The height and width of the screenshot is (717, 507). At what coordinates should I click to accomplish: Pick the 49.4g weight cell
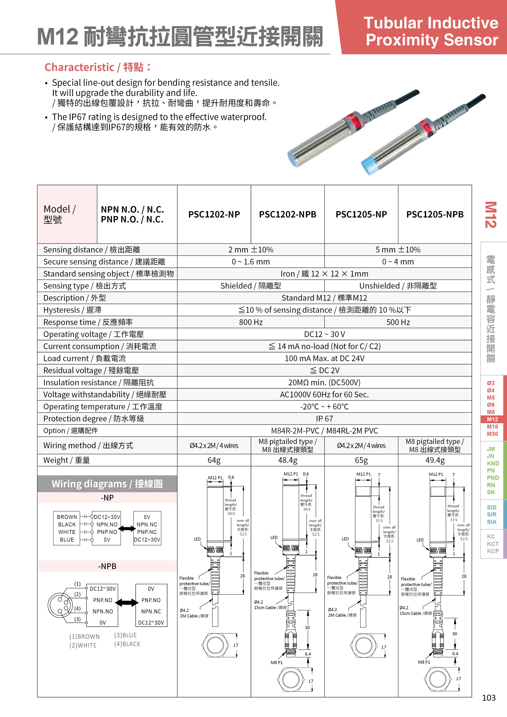435,460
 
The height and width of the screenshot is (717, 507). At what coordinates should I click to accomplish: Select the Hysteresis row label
72,310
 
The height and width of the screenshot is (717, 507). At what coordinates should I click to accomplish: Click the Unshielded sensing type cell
398,286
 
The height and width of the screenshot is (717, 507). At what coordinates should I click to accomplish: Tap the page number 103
489,698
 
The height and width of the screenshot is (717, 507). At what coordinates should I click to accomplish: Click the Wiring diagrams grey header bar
107,484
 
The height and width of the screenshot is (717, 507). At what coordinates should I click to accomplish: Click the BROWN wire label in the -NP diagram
67,517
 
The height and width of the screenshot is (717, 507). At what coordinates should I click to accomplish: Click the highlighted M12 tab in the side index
492,419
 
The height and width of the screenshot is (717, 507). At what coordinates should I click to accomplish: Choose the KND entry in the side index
493,463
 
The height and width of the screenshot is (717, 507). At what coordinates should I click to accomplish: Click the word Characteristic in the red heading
79,67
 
